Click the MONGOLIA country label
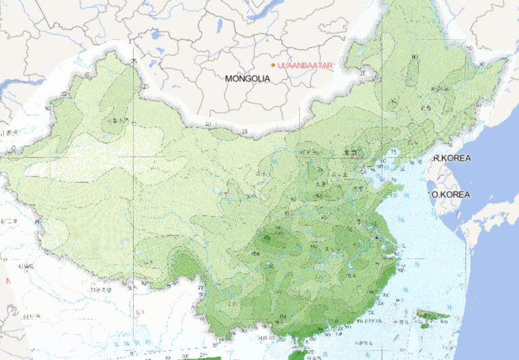247,78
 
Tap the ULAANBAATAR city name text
305,66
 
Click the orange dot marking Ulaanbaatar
274,65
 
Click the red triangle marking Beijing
351,158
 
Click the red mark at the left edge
7,280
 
